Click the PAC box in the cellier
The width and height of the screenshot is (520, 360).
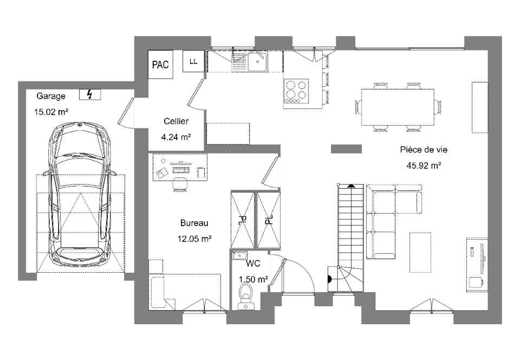coord(160,64)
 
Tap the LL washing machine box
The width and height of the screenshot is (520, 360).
coord(193,61)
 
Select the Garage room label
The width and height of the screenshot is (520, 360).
coord(51,96)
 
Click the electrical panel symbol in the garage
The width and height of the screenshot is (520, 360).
coord(90,94)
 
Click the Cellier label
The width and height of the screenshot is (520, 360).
coord(176,121)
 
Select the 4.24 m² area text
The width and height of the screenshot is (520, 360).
coord(176,137)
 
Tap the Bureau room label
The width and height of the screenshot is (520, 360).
coord(194,223)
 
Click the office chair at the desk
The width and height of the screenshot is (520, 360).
coord(180,184)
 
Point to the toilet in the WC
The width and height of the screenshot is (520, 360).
coord(246,294)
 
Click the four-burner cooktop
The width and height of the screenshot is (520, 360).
coord(296,91)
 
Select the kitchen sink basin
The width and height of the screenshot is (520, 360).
coord(257,61)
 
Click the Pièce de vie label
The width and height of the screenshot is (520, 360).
coord(424,150)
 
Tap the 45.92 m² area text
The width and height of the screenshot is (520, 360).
coord(424,165)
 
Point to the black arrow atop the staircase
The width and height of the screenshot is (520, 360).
coord(350,186)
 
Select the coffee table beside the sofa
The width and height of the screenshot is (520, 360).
coord(420,253)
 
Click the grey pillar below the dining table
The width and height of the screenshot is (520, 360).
coord(346,149)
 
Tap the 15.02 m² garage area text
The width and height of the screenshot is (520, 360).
coord(51,112)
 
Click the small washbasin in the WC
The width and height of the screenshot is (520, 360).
coord(239,255)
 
